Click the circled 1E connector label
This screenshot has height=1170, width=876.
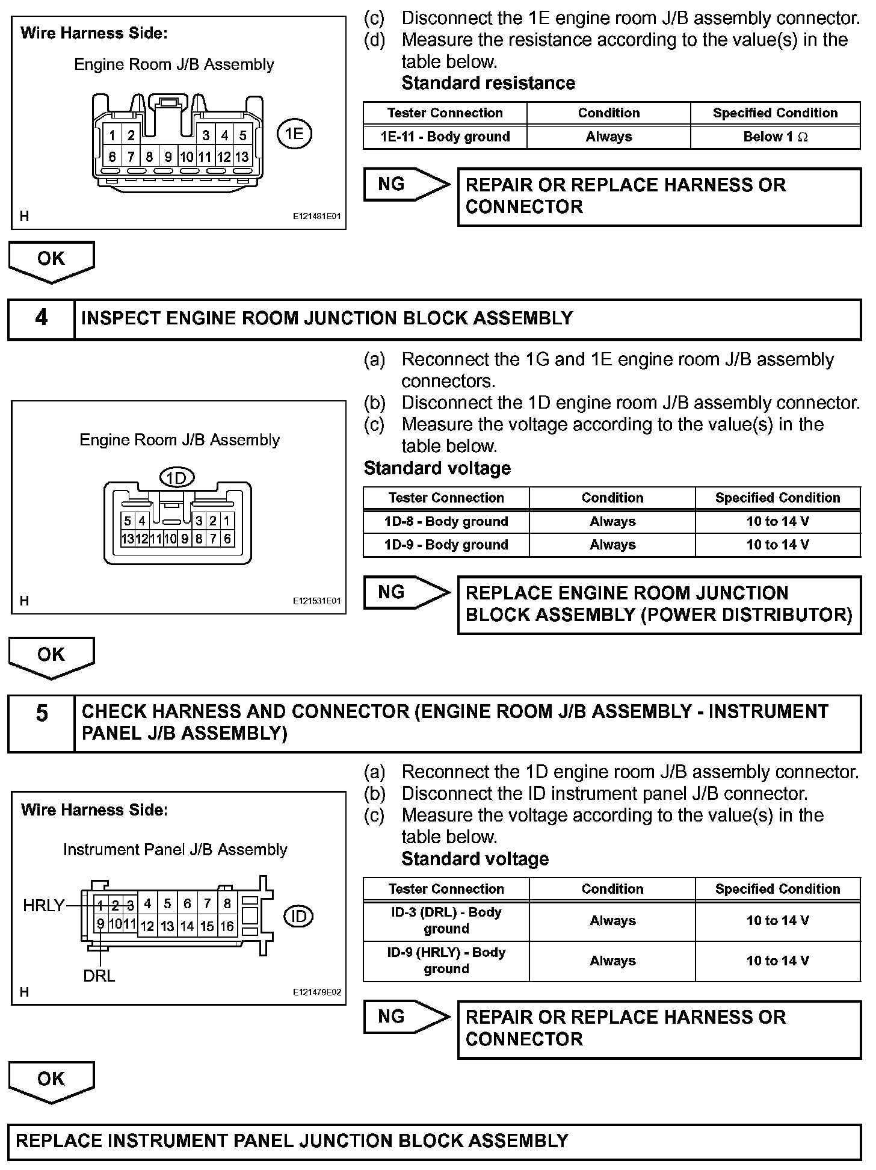(x=294, y=133)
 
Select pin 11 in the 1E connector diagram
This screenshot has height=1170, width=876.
(x=205, y=157)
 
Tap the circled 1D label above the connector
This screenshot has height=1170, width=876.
(x=177, y=478)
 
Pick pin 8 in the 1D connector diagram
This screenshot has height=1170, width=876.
(x=199, y=539)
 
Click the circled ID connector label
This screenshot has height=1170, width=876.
(x=298, y=916)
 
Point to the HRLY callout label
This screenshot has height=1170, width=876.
(x=43, y=905)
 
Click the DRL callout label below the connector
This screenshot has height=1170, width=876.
(x=99, y=976)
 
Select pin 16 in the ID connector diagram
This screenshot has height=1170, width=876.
(x=227, y=926)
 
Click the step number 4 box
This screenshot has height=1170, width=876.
(x=41, y=318)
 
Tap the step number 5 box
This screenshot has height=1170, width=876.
(x=41, y=714)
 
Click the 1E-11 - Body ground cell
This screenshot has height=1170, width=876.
(x=445, y=137)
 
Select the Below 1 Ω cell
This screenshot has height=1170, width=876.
(x=775, y=137)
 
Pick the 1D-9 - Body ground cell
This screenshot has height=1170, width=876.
(x=446, y=545)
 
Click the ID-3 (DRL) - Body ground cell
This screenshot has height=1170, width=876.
(x=446, y=920)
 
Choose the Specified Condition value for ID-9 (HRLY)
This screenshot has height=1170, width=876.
(x=777, y=961)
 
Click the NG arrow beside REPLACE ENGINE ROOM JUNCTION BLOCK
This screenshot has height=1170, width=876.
(x=406, y=593)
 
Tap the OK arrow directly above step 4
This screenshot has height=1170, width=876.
(x=51, y=260)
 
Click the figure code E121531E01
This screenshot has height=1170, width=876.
(x=316, y=601)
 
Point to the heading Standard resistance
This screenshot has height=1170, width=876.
(x=488, y=83)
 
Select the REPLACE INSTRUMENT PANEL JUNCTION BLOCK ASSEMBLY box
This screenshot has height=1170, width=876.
(x=434, y=1141)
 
